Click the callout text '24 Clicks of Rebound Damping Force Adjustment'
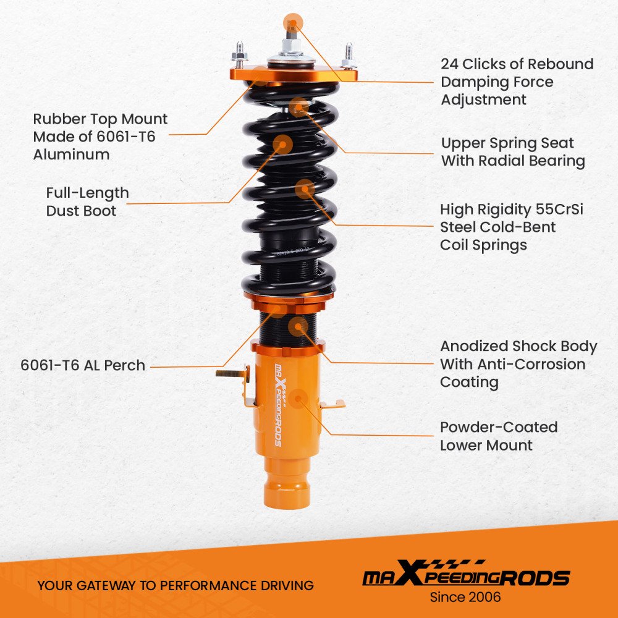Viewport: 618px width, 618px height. coord(517,82)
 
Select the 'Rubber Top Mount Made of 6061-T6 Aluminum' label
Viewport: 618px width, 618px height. coord(100,137)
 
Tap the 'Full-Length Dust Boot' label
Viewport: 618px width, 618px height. coord(87,202)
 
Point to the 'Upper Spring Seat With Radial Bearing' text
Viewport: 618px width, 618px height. coord(513,152)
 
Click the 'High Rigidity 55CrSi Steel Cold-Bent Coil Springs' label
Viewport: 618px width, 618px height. coord(512,227)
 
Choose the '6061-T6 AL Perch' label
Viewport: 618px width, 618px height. coord(83,365)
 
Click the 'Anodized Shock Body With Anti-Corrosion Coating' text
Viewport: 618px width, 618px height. coord(519,364)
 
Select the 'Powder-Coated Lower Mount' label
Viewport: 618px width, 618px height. coord(499,436)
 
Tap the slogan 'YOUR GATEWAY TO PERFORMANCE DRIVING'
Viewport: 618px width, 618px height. coord(176,585)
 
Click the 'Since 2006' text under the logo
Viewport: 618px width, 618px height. coord(465,597)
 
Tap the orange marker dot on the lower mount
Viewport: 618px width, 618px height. coord(298,399)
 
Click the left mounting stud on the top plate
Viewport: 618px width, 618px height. coord(239,55)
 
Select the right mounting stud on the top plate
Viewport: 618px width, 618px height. coord(348,55)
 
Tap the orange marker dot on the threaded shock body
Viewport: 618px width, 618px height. coord(298,326)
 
